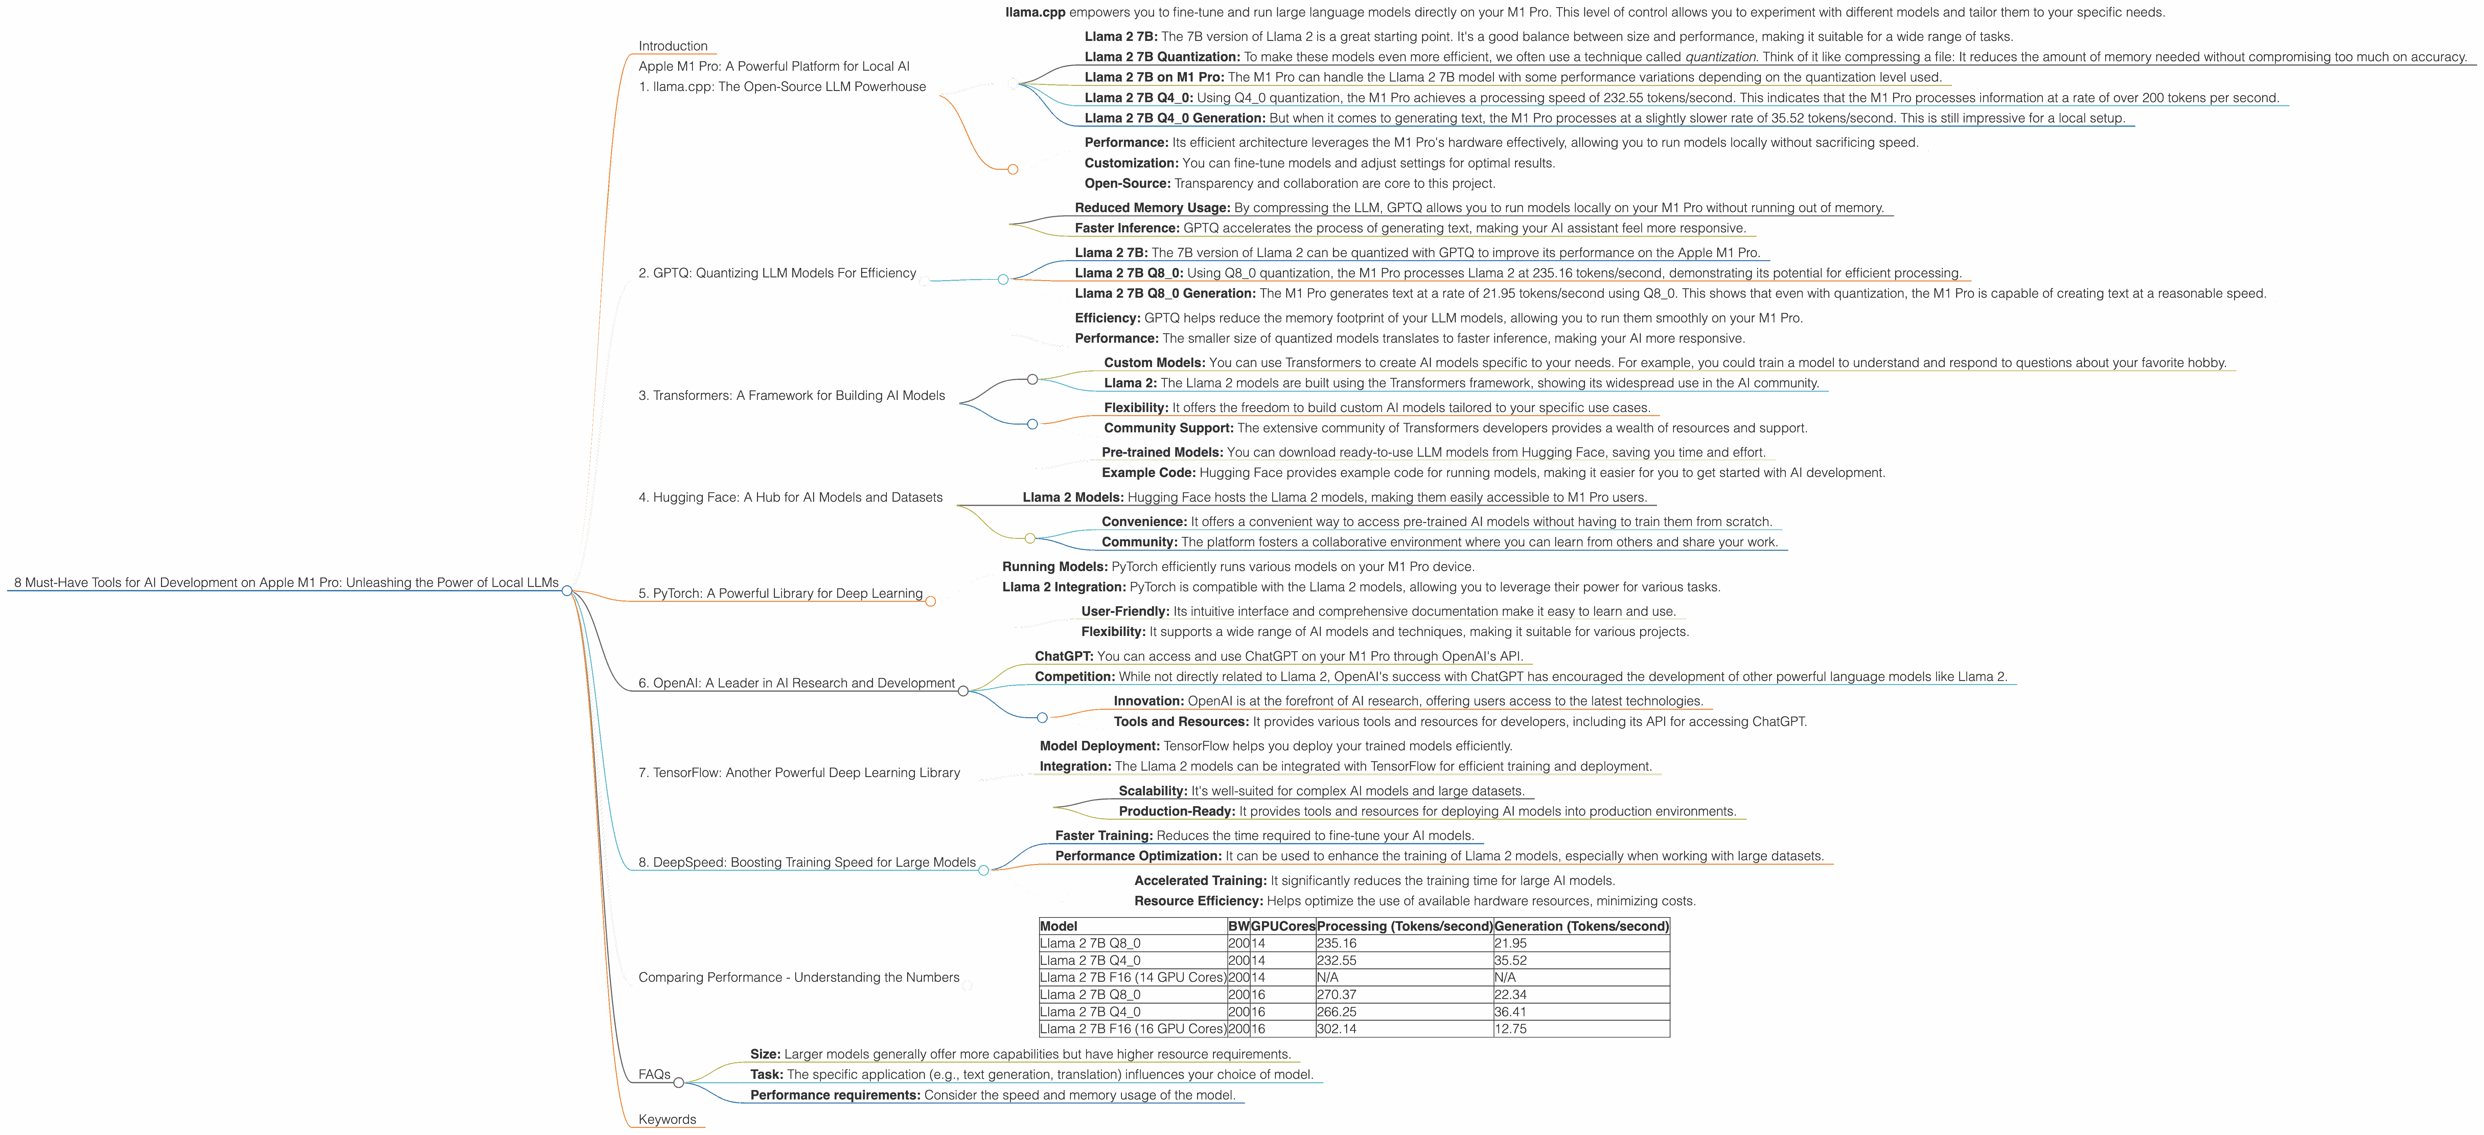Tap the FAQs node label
pyautogui.click(x=654, y=1074)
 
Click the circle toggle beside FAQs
pyautogui.click(x=679, y=1083)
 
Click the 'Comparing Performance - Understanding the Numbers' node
pyautogui.click(x=799, y=978)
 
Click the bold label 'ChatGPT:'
pyautogui.click(x=1064, y=657)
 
